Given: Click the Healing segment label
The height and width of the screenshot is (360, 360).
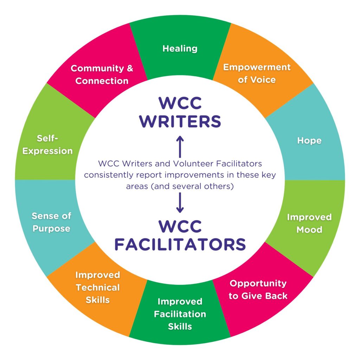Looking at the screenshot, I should point(180,48).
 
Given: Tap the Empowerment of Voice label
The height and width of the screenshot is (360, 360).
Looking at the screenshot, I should point(257,73).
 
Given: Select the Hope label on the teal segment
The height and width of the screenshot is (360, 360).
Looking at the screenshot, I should point(309,141).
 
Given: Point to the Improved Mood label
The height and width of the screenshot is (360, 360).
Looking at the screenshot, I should point(309,223).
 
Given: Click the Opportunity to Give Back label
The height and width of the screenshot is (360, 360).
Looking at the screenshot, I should point(258,289).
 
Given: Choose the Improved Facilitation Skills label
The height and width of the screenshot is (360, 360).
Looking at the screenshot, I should point(180,314).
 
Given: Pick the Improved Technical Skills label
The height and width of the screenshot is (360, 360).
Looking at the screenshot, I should point(98,287).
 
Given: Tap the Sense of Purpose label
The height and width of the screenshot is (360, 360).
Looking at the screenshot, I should point(51,222).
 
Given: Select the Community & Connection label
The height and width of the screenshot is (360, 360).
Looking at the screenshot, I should point(102,74).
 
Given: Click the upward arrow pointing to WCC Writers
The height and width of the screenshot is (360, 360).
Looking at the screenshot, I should point(180,146).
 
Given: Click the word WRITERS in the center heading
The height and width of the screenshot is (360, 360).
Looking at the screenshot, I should point(180,122).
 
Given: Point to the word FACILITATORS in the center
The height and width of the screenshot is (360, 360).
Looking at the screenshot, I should point(180,244).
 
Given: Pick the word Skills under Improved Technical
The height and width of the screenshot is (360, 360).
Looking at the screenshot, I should point(98,300).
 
